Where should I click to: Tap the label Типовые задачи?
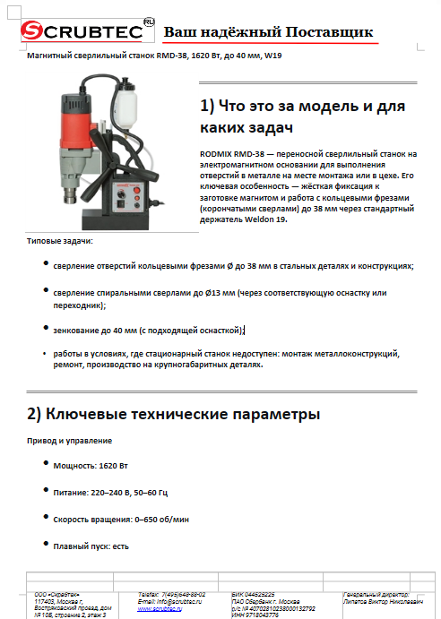coord(59,241)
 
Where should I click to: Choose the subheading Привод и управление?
coord(69,440)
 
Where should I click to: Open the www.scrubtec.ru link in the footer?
coord(160,608)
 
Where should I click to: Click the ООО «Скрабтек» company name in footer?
coord(57,594)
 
